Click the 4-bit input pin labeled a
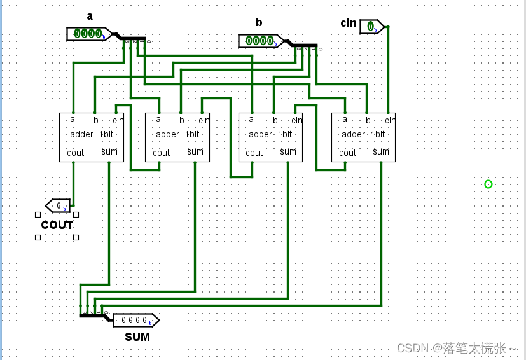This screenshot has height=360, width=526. (87, 34)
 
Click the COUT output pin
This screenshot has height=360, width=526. (59, 205)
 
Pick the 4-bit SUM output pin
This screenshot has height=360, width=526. (135, 320)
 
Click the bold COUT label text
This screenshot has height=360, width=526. (57, 225)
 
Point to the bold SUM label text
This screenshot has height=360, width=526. (137, 336)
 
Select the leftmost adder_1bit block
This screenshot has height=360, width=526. (92, 137)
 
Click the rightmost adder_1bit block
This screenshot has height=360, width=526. (364, 137)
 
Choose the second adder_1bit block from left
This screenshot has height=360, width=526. (178, 137)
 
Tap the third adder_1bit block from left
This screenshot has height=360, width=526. (271, 137)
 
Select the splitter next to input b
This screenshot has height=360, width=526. (303, 46)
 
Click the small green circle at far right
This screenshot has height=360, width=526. (488, 184)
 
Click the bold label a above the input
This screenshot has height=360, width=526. (90, 16)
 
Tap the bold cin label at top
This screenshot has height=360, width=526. (349, 23)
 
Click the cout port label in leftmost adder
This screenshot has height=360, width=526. (75, 153)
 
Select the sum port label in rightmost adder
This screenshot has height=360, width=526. (381, 151)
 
